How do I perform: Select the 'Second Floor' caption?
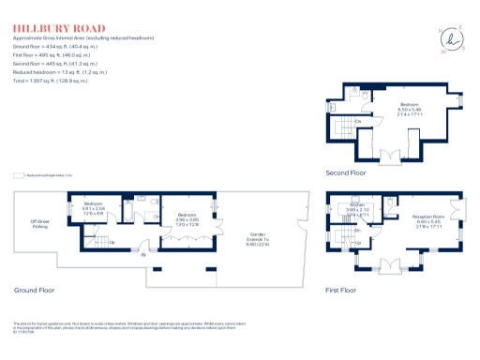coord(345,172)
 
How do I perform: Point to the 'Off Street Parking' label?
coord(39,224)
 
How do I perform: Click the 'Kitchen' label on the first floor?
coord(357,204)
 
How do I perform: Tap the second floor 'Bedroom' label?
coord(410,106)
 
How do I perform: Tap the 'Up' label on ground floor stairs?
coord(113,243)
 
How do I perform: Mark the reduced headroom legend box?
coord(19,174)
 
